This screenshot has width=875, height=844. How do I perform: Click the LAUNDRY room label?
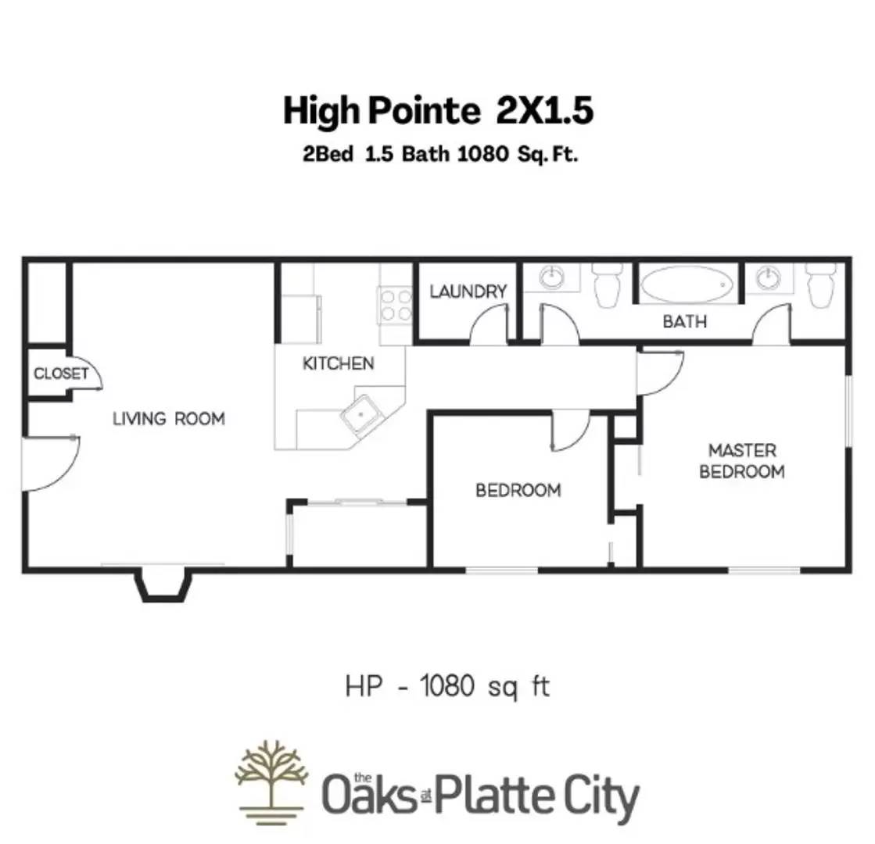(x=468, y=291)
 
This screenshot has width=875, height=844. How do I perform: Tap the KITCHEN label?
(x=338, y=363)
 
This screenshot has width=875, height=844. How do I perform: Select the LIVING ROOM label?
(x=169, y=419)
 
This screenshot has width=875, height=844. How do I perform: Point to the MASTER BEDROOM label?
(x=741, y=461)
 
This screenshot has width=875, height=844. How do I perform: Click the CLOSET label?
(x=61, y=374)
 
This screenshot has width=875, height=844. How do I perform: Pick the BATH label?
(x=684, y=321)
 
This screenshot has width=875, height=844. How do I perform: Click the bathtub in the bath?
(x=687, y=284)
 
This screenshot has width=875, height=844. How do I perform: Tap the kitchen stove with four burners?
(x=396, y=305)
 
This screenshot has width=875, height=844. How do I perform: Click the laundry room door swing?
(x=491, y=324)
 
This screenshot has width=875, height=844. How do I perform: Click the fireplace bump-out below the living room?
(x=164, y=585)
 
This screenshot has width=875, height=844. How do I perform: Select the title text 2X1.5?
(x=544, y=112)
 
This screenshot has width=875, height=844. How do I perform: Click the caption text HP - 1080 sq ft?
(x=447, y=687)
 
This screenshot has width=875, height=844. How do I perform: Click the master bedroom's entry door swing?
(x=658, y=372)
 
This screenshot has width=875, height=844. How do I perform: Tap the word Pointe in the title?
(x=425, y=112)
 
